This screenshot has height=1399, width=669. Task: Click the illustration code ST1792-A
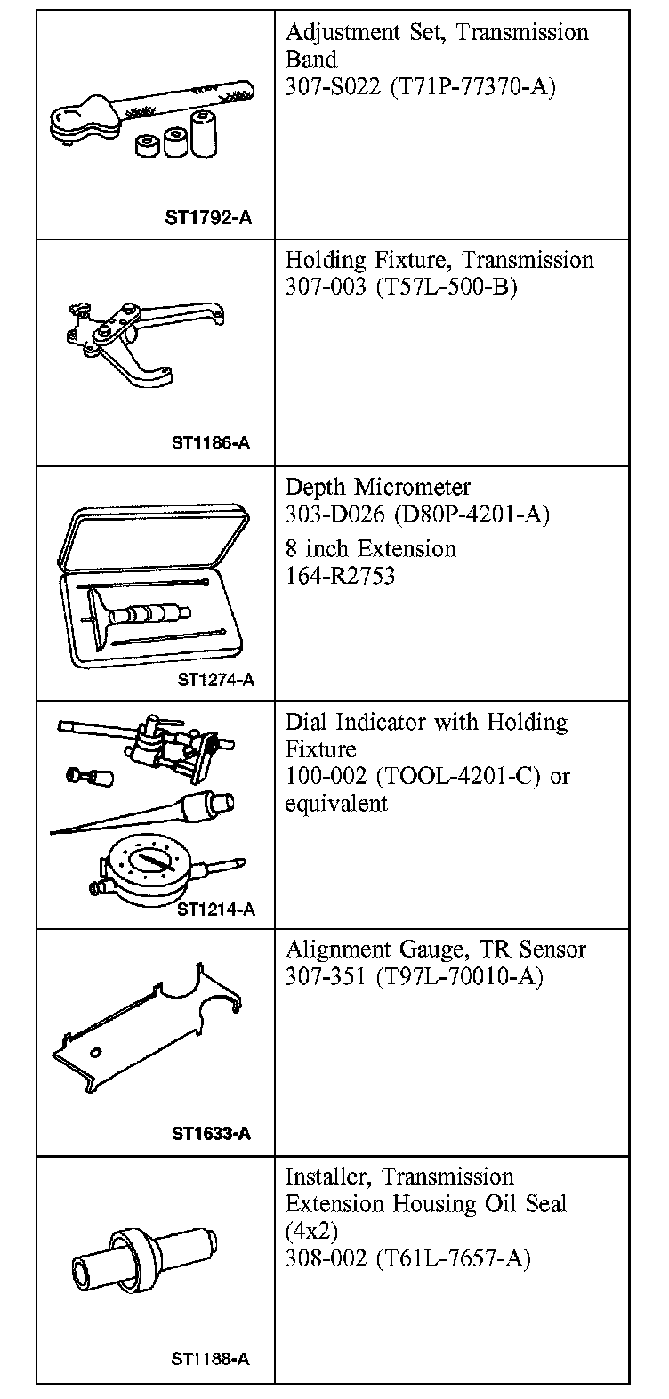point(207,216)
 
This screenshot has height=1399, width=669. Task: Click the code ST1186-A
point(211,443)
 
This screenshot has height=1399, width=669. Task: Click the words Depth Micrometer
point(377,488)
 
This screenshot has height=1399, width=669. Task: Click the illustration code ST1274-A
point(215,680)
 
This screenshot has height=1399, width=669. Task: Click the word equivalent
point(336,804)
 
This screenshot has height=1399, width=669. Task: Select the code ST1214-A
point(215,909)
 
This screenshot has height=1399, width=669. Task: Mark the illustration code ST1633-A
point(211,1134)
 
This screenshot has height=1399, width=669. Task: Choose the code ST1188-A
point(210,1360)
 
